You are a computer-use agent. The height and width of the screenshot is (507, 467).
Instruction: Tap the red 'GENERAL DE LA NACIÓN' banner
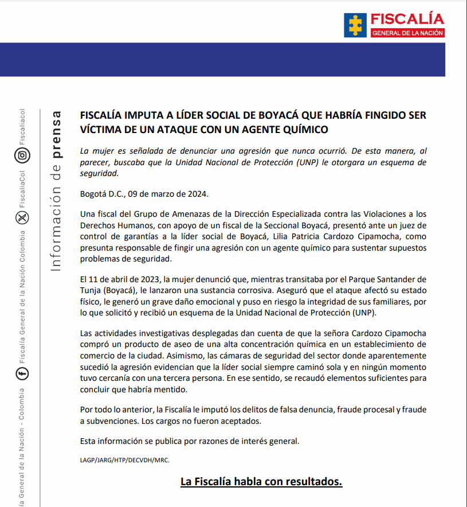click(407, 33)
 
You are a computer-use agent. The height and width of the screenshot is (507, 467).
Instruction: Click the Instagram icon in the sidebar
click(22, 155)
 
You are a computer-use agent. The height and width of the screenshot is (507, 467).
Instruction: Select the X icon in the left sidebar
click(22, 217)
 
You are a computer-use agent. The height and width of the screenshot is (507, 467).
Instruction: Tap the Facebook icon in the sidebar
click(22, 374)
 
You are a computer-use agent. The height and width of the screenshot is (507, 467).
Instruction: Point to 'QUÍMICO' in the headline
click(305, 130)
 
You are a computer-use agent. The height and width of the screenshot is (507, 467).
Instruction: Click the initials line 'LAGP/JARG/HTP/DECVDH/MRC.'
click(124, 460)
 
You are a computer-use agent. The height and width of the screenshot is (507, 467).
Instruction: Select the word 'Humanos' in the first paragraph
click(129, 224)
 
